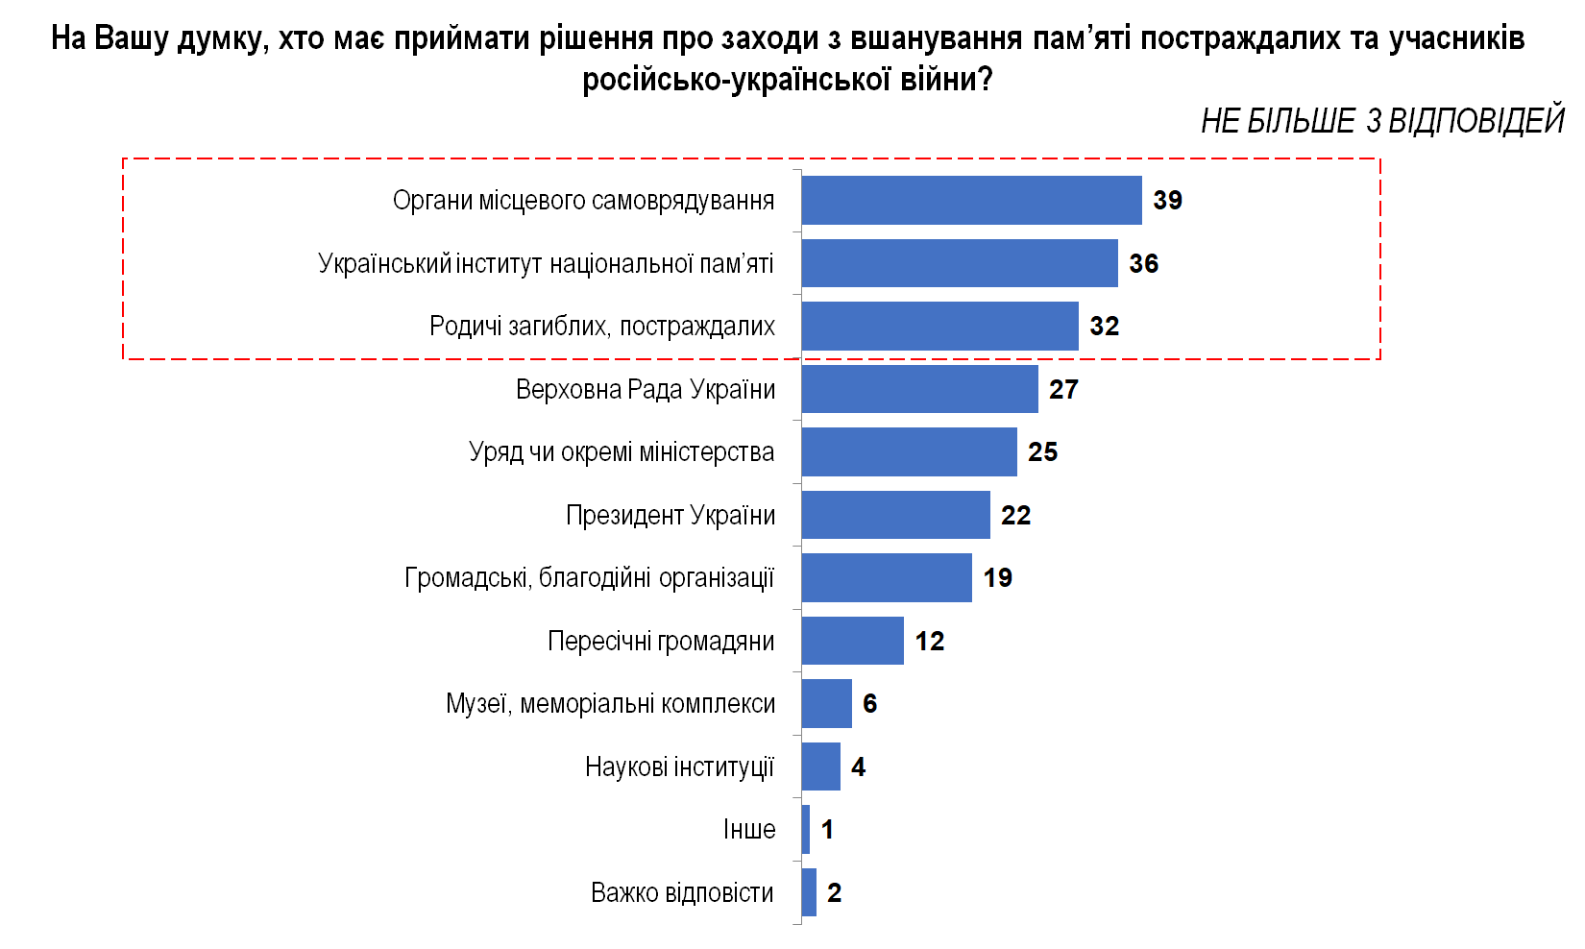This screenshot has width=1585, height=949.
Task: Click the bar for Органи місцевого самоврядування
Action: coord(971,200)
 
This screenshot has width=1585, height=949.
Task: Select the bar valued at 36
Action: coord(960,263)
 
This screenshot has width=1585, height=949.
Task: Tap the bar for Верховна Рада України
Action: coord(919,389)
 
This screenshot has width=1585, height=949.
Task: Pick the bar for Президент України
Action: coord(895,515)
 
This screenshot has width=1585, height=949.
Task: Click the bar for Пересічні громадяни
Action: coord(852,641)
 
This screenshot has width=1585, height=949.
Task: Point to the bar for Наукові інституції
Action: coord(820,766)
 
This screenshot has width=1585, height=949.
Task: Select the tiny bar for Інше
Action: coord(806,830)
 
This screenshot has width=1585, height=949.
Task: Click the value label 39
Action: coord(1167,200)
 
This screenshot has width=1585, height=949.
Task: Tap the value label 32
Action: coord(1104,327)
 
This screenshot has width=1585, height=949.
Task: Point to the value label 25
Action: coord(1042,452)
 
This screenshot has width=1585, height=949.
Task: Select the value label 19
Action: coord(997,578)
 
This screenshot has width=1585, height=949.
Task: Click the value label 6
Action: coord(869,704)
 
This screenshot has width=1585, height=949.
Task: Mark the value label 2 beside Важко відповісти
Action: coord(834,893)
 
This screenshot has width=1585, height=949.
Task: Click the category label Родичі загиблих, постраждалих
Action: coord(601,327)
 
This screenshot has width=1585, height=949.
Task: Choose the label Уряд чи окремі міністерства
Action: coord(621,452)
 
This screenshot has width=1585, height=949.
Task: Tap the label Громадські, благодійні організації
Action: coord(589,578)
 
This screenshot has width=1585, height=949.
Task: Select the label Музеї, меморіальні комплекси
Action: coord(610,704)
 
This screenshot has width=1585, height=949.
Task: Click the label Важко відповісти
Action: coord(682,893)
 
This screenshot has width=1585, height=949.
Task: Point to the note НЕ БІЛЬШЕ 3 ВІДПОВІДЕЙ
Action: coord(1381,121)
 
